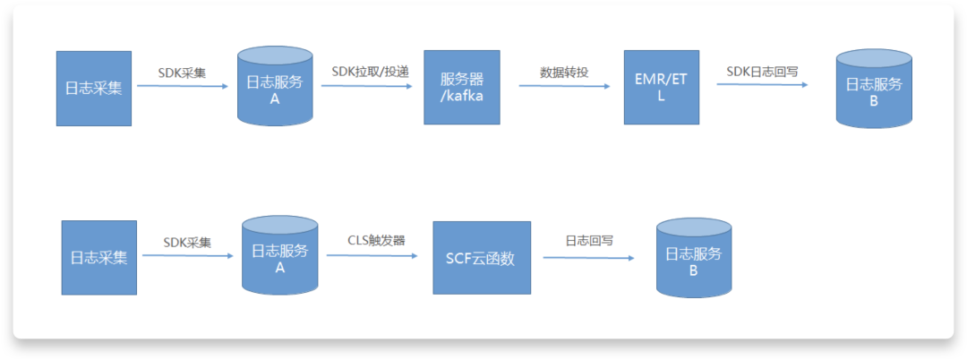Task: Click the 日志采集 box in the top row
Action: tap(94, 89)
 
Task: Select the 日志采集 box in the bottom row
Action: tap(99, 257)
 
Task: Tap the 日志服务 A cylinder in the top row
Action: tap(275, 87)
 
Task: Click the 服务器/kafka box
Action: tap(462, 88)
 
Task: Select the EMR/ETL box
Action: tap(661, 88)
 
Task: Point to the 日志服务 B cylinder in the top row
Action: tap(874, 90)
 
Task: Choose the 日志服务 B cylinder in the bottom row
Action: tap(694, 258)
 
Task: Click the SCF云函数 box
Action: tap(482, 258)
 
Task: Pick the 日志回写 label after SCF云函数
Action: tap(589, 240)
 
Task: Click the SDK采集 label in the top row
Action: tap(182, 72)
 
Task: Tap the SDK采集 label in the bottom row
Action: tap(187, 242)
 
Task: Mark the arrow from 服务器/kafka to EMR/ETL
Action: tap(565, 86)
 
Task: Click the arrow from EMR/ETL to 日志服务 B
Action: tap(762, 84)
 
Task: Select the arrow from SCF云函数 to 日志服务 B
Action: tap(589, 258)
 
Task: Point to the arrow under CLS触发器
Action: tap(372, 254)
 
